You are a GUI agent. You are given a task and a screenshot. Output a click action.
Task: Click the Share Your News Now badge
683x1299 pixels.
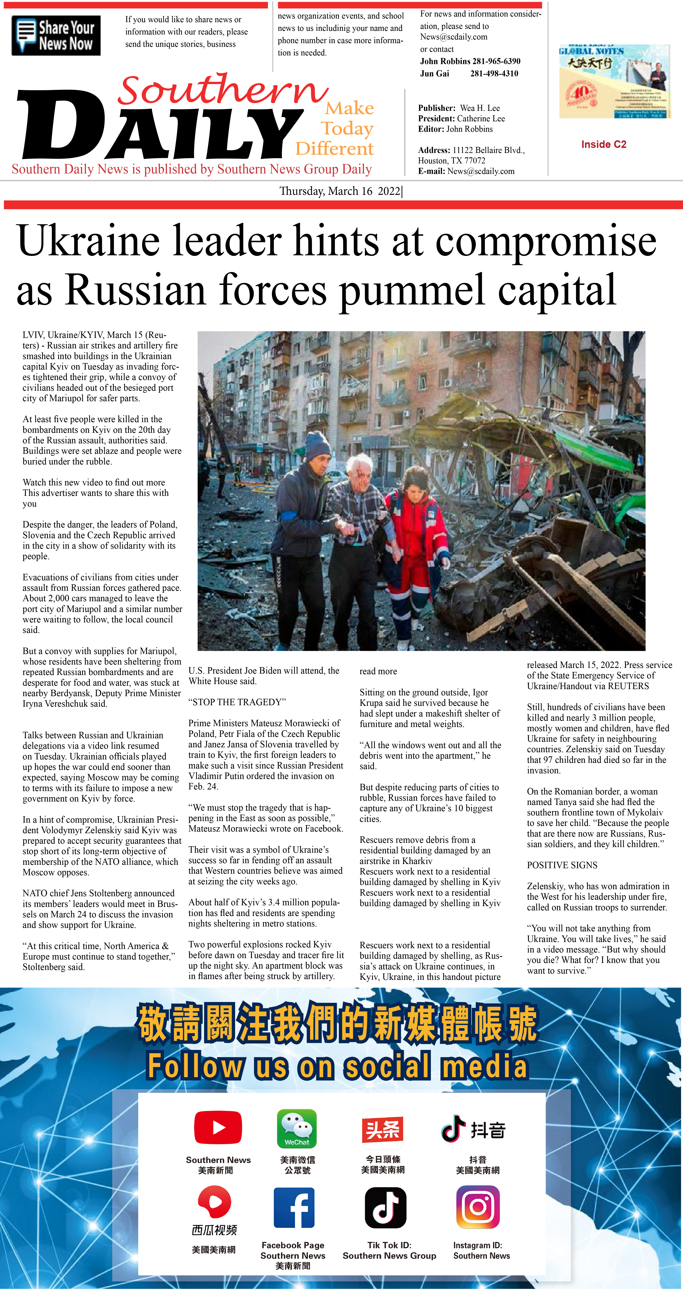click(56, 35)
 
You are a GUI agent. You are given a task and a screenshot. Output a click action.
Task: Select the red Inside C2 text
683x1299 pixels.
click(603, 144)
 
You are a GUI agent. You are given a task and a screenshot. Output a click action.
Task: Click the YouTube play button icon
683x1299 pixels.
click(218, 1127)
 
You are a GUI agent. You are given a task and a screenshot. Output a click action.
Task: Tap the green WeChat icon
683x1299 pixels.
click(297, 1128)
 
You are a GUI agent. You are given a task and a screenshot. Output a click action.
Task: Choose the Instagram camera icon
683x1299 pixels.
click(477, 1207)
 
